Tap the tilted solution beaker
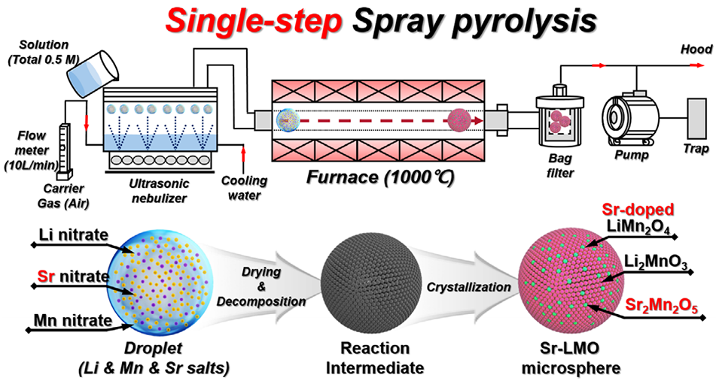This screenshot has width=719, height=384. pyautogui.click(x=91, y=71)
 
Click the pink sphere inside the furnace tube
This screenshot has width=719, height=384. pyautogui.click(x=459, y=119)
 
